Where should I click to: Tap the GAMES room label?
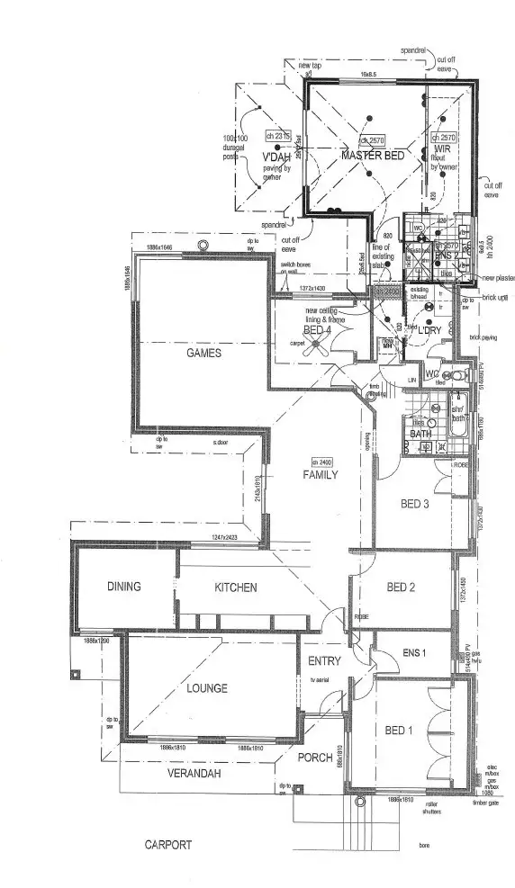203,354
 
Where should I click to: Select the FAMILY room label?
320,474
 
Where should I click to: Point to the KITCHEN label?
235,588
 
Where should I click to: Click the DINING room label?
124,587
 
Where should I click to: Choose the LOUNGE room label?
207,688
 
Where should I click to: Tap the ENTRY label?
324,661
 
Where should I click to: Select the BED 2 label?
400,588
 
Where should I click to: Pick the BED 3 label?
413,504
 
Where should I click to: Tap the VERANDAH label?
195,773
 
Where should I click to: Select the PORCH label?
316,757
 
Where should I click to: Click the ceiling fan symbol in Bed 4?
317,350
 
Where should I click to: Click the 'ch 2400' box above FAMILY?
321,461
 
